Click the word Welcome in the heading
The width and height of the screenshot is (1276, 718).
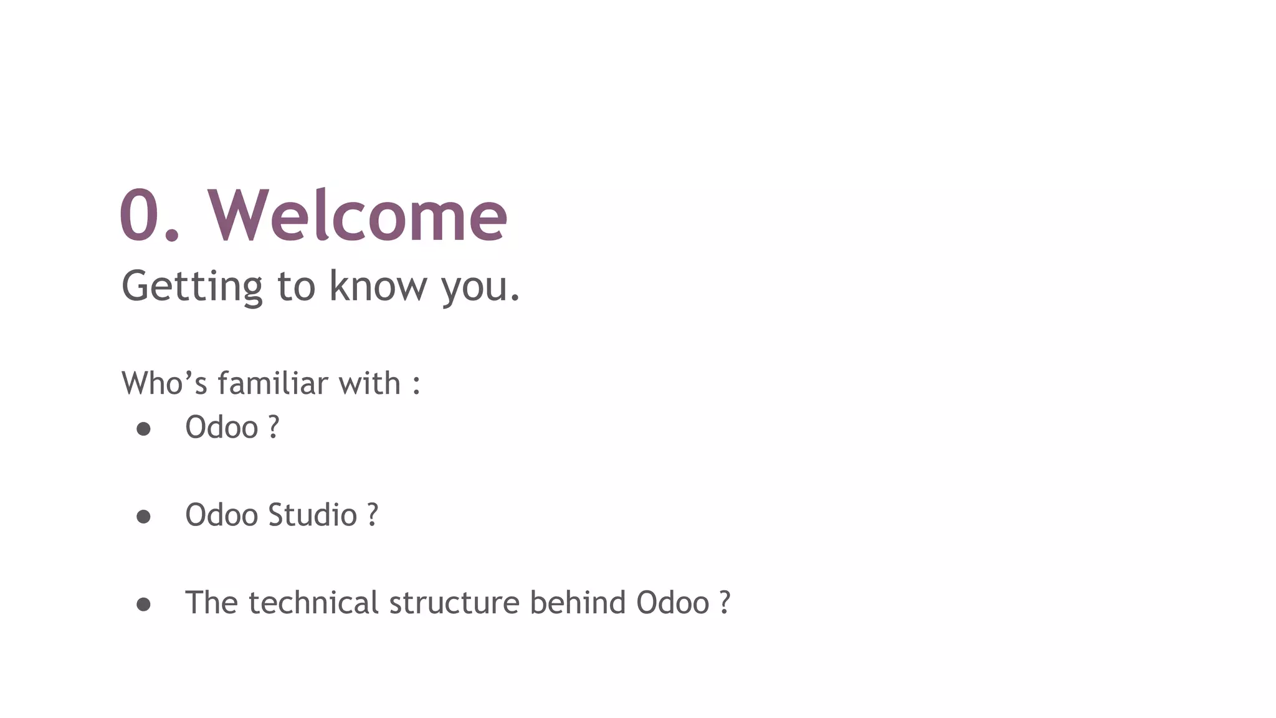358,215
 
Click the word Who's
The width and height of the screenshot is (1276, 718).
164,383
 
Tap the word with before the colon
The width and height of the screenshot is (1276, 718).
369,383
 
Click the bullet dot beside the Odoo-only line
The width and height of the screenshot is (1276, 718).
143,429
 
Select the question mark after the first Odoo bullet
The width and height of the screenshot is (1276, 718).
274,428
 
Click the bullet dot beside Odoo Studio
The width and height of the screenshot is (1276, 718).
143,516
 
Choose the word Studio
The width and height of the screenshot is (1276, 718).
312,515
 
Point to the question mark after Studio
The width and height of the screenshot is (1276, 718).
373,515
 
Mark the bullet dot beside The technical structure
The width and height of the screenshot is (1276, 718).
143,604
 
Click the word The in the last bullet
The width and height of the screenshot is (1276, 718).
211,603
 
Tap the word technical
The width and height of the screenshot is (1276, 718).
313,603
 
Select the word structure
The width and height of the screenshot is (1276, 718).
454,603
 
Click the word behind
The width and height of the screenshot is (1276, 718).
578,603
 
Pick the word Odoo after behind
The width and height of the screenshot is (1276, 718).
672,603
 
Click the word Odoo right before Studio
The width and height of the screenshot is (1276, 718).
221,515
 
